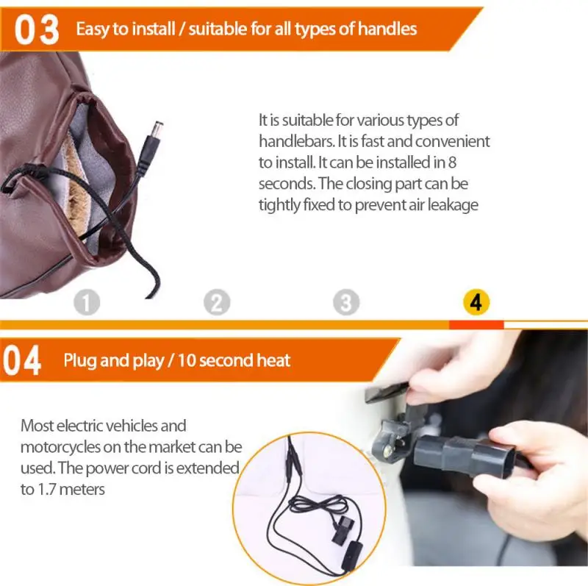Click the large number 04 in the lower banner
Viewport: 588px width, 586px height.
(23, 361)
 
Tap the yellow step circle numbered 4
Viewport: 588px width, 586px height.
(476, 302)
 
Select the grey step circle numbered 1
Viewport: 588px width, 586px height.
(87, 302)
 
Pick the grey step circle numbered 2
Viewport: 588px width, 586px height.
(217, 302)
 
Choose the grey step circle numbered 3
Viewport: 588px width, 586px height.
(346, 302)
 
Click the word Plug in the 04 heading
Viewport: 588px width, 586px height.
(79, 360)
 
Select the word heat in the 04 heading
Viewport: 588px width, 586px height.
(273, 360)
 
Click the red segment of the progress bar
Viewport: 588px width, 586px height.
(476, 324)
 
